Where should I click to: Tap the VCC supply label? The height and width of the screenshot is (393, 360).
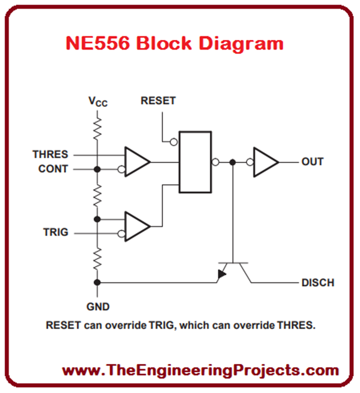[x=98, y=101]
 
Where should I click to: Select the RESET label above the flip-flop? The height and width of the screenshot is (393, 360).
[x=158, y=101]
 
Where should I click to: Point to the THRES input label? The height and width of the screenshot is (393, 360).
[x=50, y=154]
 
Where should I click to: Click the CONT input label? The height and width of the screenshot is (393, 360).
[x=53, y=169]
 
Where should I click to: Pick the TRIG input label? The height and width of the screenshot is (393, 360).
[x=55, y=232]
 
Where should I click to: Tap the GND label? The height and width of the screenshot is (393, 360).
[x=97, y=307]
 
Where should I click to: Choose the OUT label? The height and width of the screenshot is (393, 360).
[x=312, y=162]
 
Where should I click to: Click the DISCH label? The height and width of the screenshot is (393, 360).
[x=317, y=283]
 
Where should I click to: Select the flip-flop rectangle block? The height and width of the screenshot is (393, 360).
[x=195, y=162]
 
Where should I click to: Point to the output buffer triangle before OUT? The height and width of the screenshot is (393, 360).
[x=265, y=162]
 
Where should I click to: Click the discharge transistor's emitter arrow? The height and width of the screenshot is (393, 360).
[x=221, y=276]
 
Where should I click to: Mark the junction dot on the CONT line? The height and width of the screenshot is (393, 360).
[x=97, y=169]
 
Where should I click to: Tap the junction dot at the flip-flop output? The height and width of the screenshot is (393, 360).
[x=232, y=162]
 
